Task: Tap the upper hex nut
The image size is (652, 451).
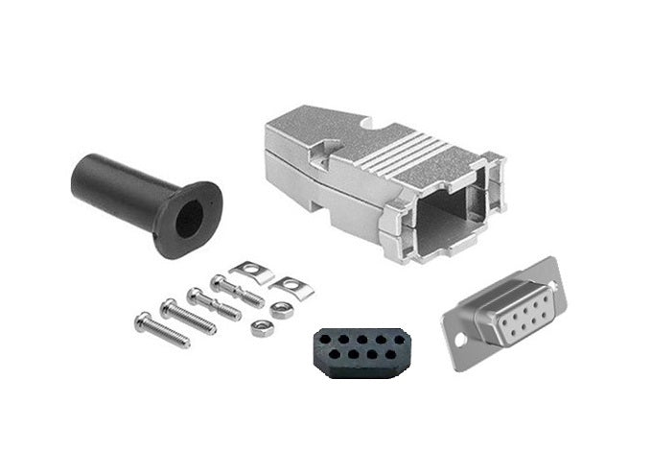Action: (x=281, y=309)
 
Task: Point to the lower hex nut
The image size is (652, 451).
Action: (x=261, y=329)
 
